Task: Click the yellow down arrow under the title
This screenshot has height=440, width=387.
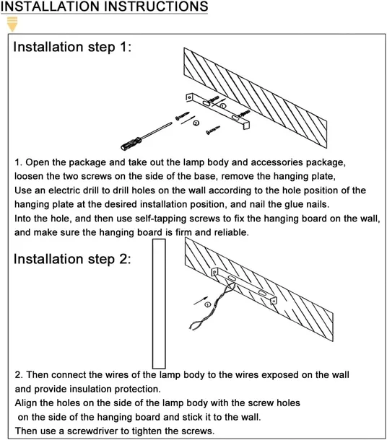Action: pos(12,24)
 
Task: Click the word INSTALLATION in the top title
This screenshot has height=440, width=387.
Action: pos(51,6)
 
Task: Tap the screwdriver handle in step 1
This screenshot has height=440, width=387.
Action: pos(131,143)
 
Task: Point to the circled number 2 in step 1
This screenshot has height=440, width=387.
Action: pos(196,123)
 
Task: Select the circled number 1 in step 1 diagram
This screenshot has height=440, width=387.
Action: pos(222,106)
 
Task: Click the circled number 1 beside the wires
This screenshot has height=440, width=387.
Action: pos(207,304)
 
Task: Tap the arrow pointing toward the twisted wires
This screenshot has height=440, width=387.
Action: pos(201,301)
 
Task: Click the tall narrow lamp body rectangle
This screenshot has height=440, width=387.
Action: pos(159,304)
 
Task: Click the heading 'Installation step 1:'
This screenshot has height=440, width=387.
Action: pos(72,47)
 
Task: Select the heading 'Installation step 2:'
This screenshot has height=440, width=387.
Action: pos(72,259)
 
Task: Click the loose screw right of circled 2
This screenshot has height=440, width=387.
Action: pos(213,131)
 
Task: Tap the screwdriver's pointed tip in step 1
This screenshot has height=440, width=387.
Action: pos(171,123)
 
